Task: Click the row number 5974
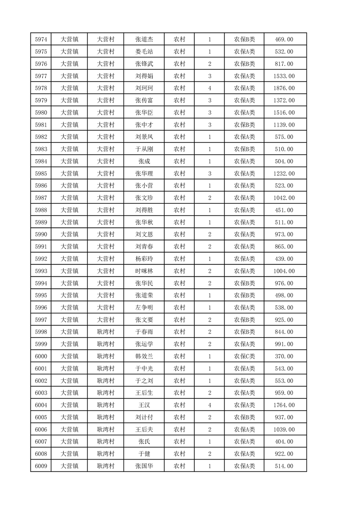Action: [41, 39]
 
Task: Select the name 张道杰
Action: [144, 39]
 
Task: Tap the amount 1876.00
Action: [284, 88]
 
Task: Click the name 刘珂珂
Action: [144, 88]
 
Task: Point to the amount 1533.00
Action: [284, 76]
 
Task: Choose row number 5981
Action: [41, 125]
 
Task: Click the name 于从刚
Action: [144, 149]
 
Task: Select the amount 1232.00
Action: [284, 174]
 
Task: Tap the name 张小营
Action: [144, 186]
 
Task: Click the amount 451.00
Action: [284, 210]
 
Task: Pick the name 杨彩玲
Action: [144, 259]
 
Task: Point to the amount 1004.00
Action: [284, 271]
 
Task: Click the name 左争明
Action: [144, 308]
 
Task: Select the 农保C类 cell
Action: [244, 357]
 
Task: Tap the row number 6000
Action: [41, 357]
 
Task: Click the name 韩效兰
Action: [144, 357]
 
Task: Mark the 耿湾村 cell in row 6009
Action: [105, 466]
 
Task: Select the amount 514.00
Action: [284, 466]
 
